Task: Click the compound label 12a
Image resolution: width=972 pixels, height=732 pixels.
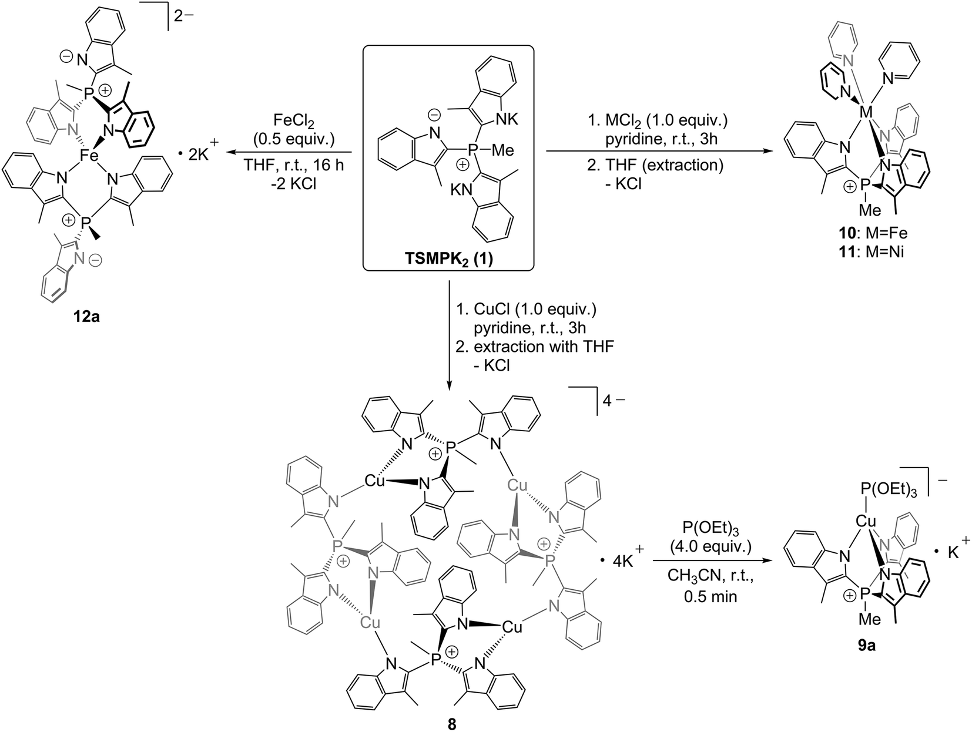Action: tap(86, 317)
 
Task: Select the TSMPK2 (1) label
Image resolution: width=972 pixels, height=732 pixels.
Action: tap(448, 258)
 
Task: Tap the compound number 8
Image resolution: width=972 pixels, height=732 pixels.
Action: tap(452, 724)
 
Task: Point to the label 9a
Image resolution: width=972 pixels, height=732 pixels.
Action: tap(867, 646)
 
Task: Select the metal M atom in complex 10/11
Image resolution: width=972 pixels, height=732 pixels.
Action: tap(865, 112)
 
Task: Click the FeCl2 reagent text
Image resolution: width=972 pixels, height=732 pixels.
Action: tap(294, 121)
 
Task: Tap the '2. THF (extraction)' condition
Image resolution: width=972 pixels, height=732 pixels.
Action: tap(655, 164)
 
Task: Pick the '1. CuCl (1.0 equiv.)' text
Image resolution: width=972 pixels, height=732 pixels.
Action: tap(526, 309)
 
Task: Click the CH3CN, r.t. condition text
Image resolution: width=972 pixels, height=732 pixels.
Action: tap(710, 576)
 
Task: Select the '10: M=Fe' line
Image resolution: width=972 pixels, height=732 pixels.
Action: tap(867, 233)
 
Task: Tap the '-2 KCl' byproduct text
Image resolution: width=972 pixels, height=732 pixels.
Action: tap(294, 183)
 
